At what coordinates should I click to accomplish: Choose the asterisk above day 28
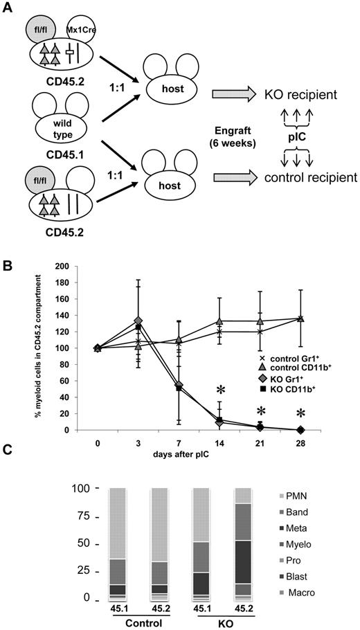click(300, 414)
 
